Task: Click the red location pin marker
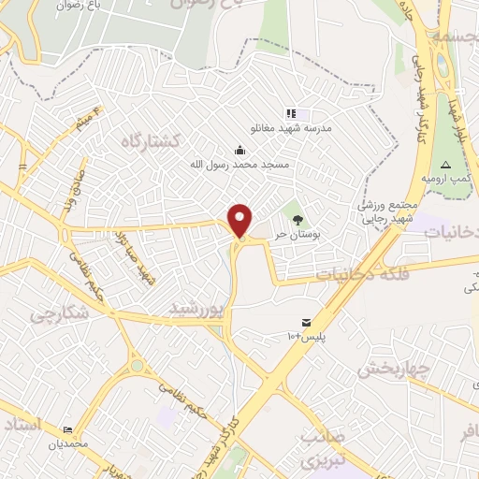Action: point(240,220)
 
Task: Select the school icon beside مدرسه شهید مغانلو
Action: point(291,114)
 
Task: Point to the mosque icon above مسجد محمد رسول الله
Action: point(240,150)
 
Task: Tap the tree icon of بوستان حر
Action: point(298,221)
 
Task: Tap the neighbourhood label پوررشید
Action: point(197,308)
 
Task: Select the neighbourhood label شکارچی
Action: point(56,315)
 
